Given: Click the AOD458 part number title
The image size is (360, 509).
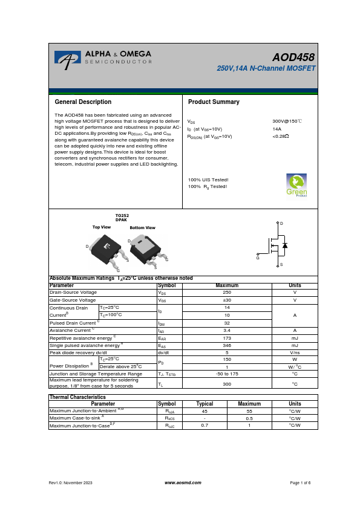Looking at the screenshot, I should click(x=293, y=57).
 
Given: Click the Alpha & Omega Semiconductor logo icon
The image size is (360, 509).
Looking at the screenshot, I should click(x=67, y=58).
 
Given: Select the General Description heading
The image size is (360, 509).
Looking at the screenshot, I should click(x=83, y=102).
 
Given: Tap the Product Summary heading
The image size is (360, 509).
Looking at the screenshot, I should click(x=214, y=102).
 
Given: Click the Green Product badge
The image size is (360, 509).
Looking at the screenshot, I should click(x=296, y=185).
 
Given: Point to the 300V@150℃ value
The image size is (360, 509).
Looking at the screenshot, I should click(x=287, y=122).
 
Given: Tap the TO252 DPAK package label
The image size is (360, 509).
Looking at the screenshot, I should click(x=122, y=218).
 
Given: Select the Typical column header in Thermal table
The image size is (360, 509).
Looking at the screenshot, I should click(x=205, y=403).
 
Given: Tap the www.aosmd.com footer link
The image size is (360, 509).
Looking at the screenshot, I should click(x=179, y=482).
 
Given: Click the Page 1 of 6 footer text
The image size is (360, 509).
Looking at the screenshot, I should click(x=300, y=482).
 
